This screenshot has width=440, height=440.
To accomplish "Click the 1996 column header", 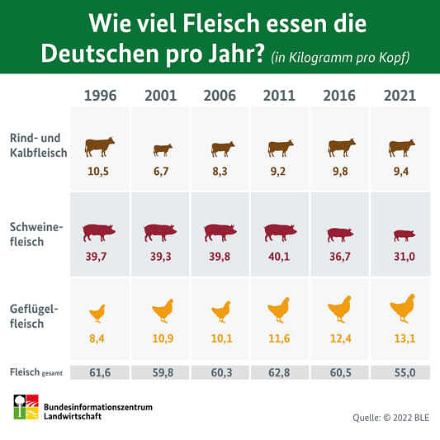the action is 100,96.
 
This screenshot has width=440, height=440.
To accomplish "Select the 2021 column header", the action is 400,96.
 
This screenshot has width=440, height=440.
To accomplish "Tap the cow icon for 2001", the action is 163,150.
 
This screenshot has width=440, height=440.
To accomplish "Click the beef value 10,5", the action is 98,171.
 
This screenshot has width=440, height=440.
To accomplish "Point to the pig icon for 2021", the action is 404,236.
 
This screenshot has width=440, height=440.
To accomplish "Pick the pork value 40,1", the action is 279,257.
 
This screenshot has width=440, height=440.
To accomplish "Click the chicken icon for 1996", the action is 97,313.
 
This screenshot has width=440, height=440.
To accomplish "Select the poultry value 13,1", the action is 405,338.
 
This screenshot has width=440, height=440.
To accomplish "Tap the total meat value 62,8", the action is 279,372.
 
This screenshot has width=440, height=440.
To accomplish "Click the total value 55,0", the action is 405,372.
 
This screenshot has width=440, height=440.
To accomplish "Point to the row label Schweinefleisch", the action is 36,234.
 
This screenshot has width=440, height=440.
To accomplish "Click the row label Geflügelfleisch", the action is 34,316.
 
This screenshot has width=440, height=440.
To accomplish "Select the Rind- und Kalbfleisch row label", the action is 39,145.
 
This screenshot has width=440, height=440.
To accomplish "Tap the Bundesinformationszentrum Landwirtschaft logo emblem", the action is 26,407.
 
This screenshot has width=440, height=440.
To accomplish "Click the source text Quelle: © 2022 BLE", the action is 391,418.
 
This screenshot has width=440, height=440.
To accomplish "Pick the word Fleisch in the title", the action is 221,24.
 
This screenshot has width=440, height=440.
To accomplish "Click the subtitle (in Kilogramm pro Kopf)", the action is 340,58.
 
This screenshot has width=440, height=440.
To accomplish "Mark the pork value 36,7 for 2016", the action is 340,257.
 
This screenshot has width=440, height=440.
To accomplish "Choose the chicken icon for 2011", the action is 279,310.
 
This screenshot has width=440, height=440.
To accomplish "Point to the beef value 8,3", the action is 220,171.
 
